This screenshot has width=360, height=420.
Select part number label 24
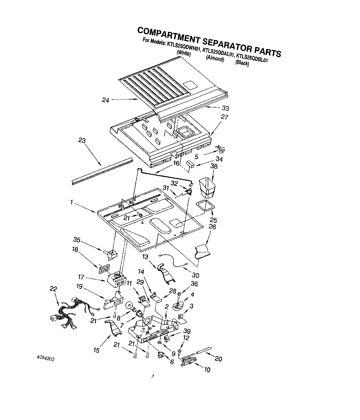click(x=105, y=100)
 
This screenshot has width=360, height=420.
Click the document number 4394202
click(x=45, y=358)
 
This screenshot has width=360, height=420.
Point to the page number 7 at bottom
click(x=153, y=377)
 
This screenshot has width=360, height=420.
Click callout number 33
click(x=225, y=108)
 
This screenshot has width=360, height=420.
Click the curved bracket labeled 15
click(x=113, y=329)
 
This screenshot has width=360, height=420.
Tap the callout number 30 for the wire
click(x=195, y=275)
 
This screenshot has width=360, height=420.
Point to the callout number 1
click(x=72, y=202)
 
